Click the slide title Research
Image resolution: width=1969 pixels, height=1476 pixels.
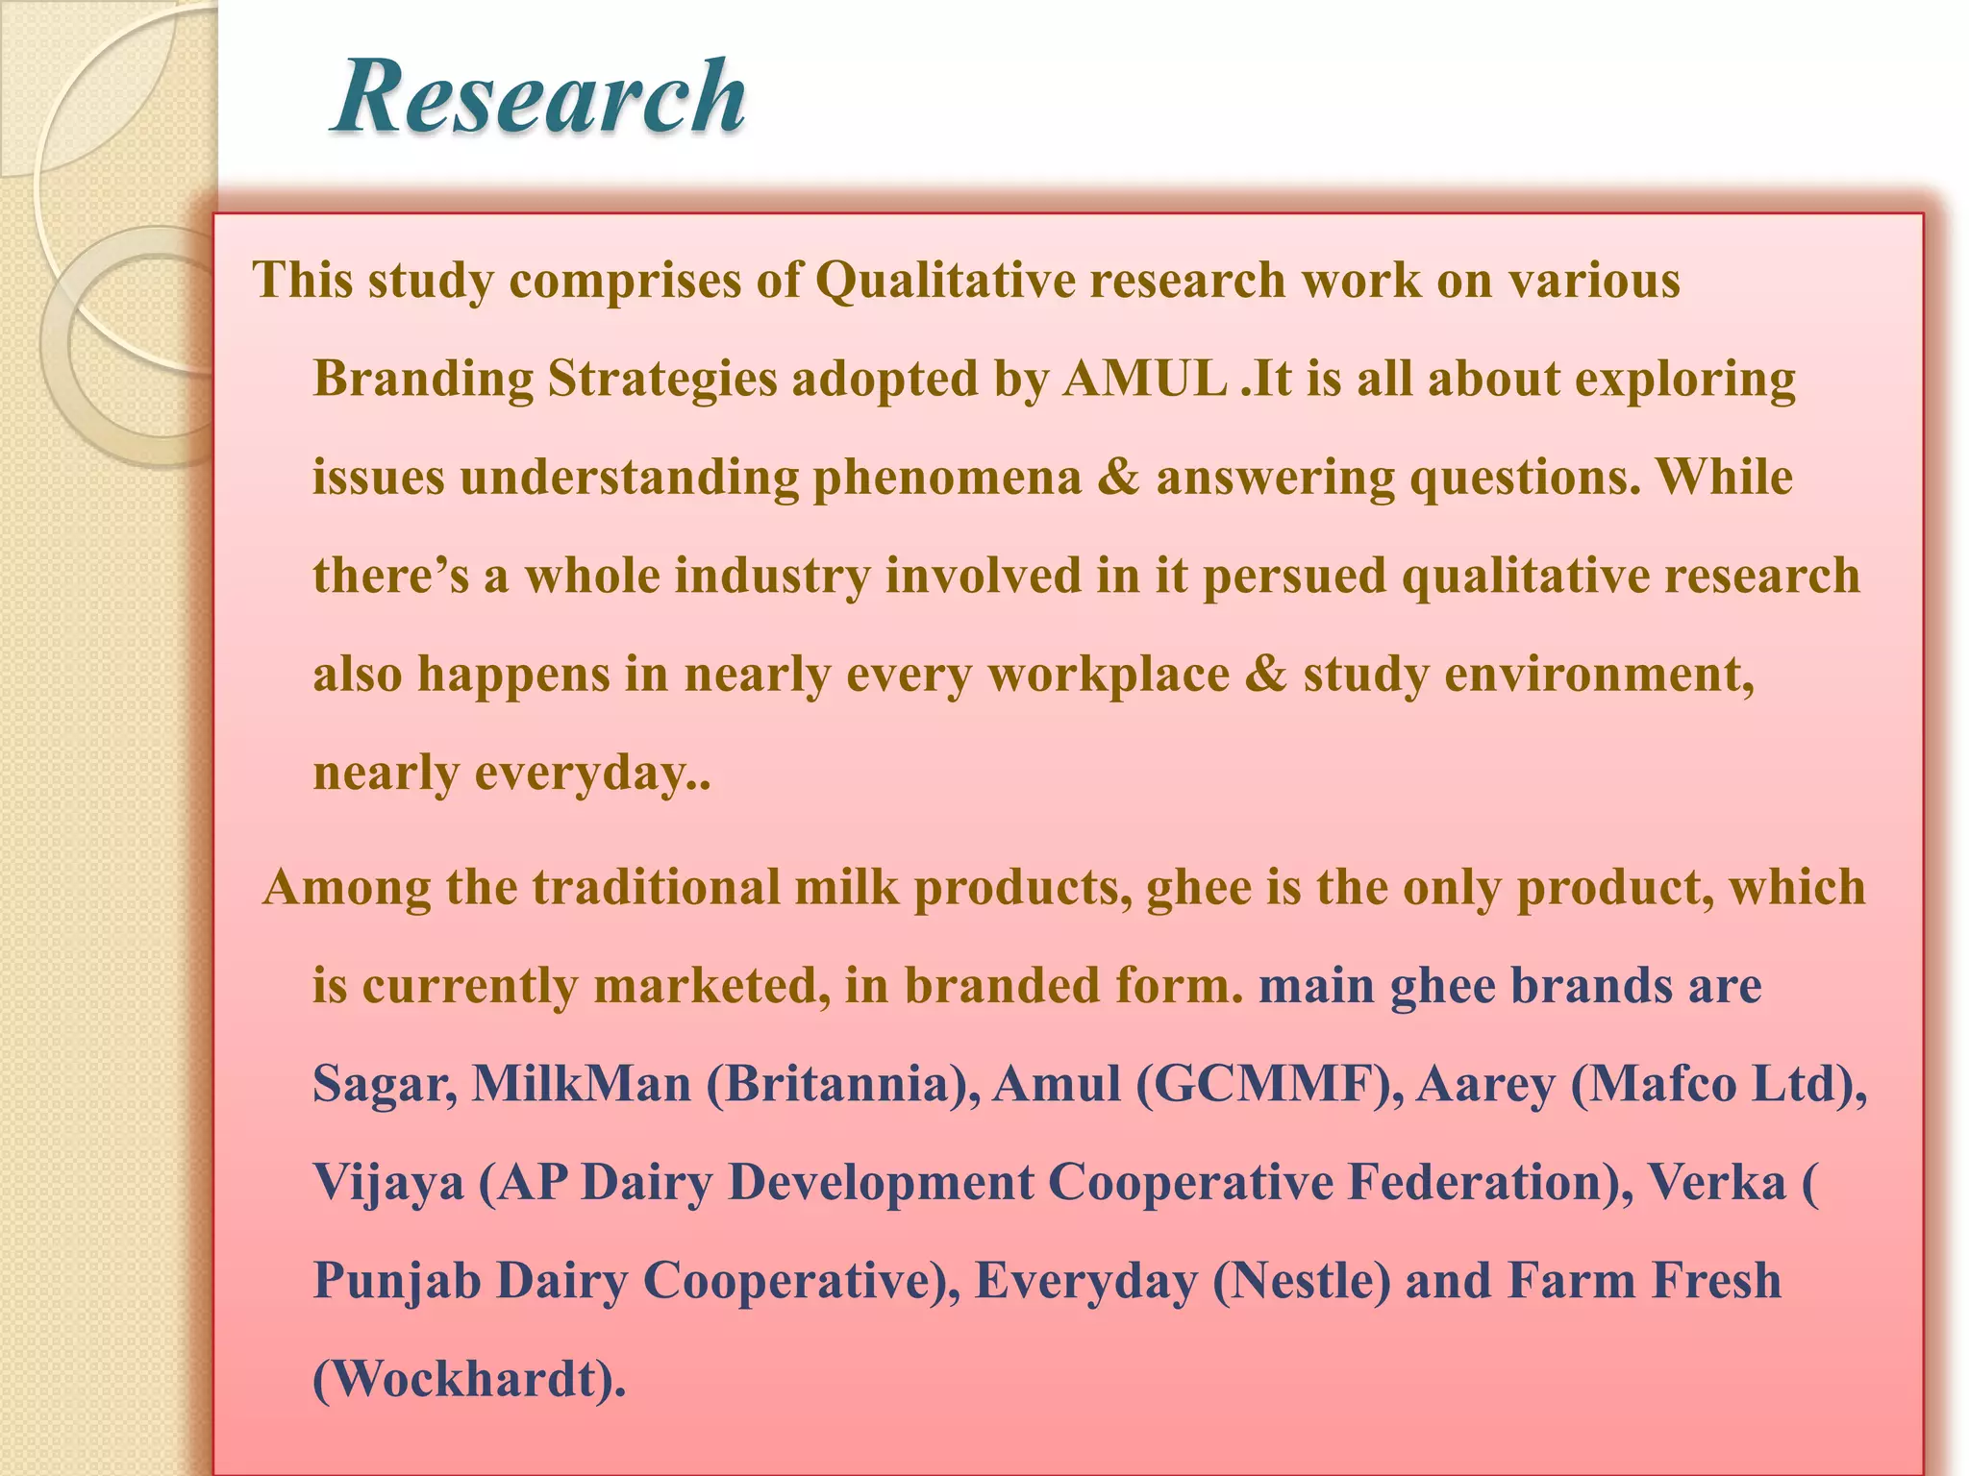(538, 97)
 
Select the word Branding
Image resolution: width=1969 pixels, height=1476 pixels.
(423, 379)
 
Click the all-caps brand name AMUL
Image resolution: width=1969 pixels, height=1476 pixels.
(1144, 379)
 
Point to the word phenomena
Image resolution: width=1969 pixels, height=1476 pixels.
(947, 478)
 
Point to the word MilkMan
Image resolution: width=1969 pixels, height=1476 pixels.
(582, 1084)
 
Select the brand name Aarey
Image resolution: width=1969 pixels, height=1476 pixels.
(1485, 1084)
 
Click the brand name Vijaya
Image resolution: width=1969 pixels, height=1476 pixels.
(388, 1183)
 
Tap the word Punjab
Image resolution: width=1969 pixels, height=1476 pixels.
(397, 1281)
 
